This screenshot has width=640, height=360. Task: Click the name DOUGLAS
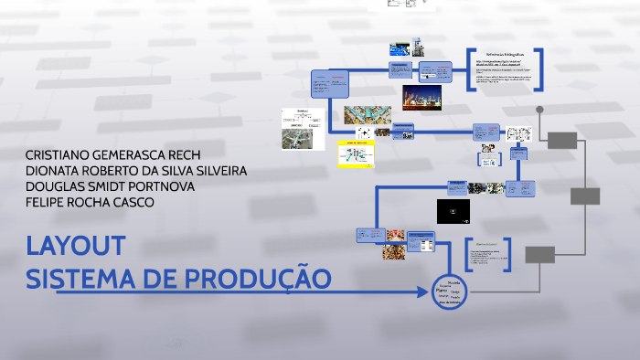[x=56, y=186]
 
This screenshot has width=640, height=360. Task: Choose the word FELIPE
[x=45, y=202]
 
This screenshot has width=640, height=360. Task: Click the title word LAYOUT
[x=75, y=247]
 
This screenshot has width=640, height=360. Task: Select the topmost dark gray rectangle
[x=562, y=140]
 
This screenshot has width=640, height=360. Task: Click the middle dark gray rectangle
[x=585, y=196]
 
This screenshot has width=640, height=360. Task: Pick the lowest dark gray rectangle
[x=539, y=254]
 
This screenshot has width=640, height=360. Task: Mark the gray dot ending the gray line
[x=539, y=110]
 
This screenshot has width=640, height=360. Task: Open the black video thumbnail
[x=454, y=212]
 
